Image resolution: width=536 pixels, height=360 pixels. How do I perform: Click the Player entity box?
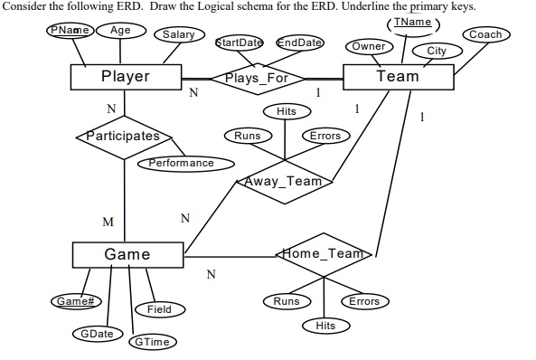(x=125, y=77)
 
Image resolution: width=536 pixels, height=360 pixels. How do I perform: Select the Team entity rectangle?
(x=398, y=77)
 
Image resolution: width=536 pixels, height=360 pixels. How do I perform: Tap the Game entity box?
(x=127, y=254)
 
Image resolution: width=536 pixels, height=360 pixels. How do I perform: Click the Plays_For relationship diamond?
(x=256, y=78)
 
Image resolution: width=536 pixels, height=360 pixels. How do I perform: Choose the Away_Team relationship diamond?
(x=285, y=181)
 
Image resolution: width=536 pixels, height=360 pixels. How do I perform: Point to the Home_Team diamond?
(x=323, y=254)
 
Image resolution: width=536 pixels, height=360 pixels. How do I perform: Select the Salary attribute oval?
(x=177, y=34)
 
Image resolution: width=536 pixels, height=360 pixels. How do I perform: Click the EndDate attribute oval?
(x=299, y=43)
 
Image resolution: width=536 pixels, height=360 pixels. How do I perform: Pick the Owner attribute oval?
(x=368, y=46)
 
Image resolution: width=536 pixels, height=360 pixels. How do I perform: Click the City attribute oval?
(x=437, y=51)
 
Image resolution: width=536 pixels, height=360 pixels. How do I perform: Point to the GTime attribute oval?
(x=155, y=342)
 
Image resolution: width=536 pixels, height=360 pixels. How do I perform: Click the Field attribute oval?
(x=159, y=309)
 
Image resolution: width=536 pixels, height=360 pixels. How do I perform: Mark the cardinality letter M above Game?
(x=108, y=222)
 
